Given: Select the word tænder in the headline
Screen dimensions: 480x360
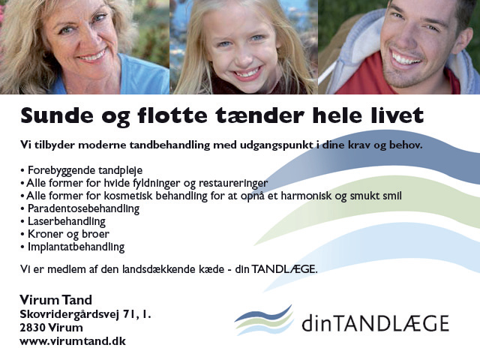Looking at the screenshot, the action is [260, 115].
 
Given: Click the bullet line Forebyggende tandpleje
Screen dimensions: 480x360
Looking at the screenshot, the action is [82, 170].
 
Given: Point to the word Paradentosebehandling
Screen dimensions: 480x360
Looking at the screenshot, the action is [83, 208].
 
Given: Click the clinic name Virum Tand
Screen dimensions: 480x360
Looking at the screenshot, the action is [55, 300].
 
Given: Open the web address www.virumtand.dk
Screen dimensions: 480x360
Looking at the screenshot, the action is [73, 341].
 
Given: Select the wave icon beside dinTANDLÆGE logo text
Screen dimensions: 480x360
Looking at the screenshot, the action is [264, 320].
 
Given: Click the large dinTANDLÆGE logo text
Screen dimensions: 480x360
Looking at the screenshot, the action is [375, 323].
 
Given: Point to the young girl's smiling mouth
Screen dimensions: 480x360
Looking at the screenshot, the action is [247, 73].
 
